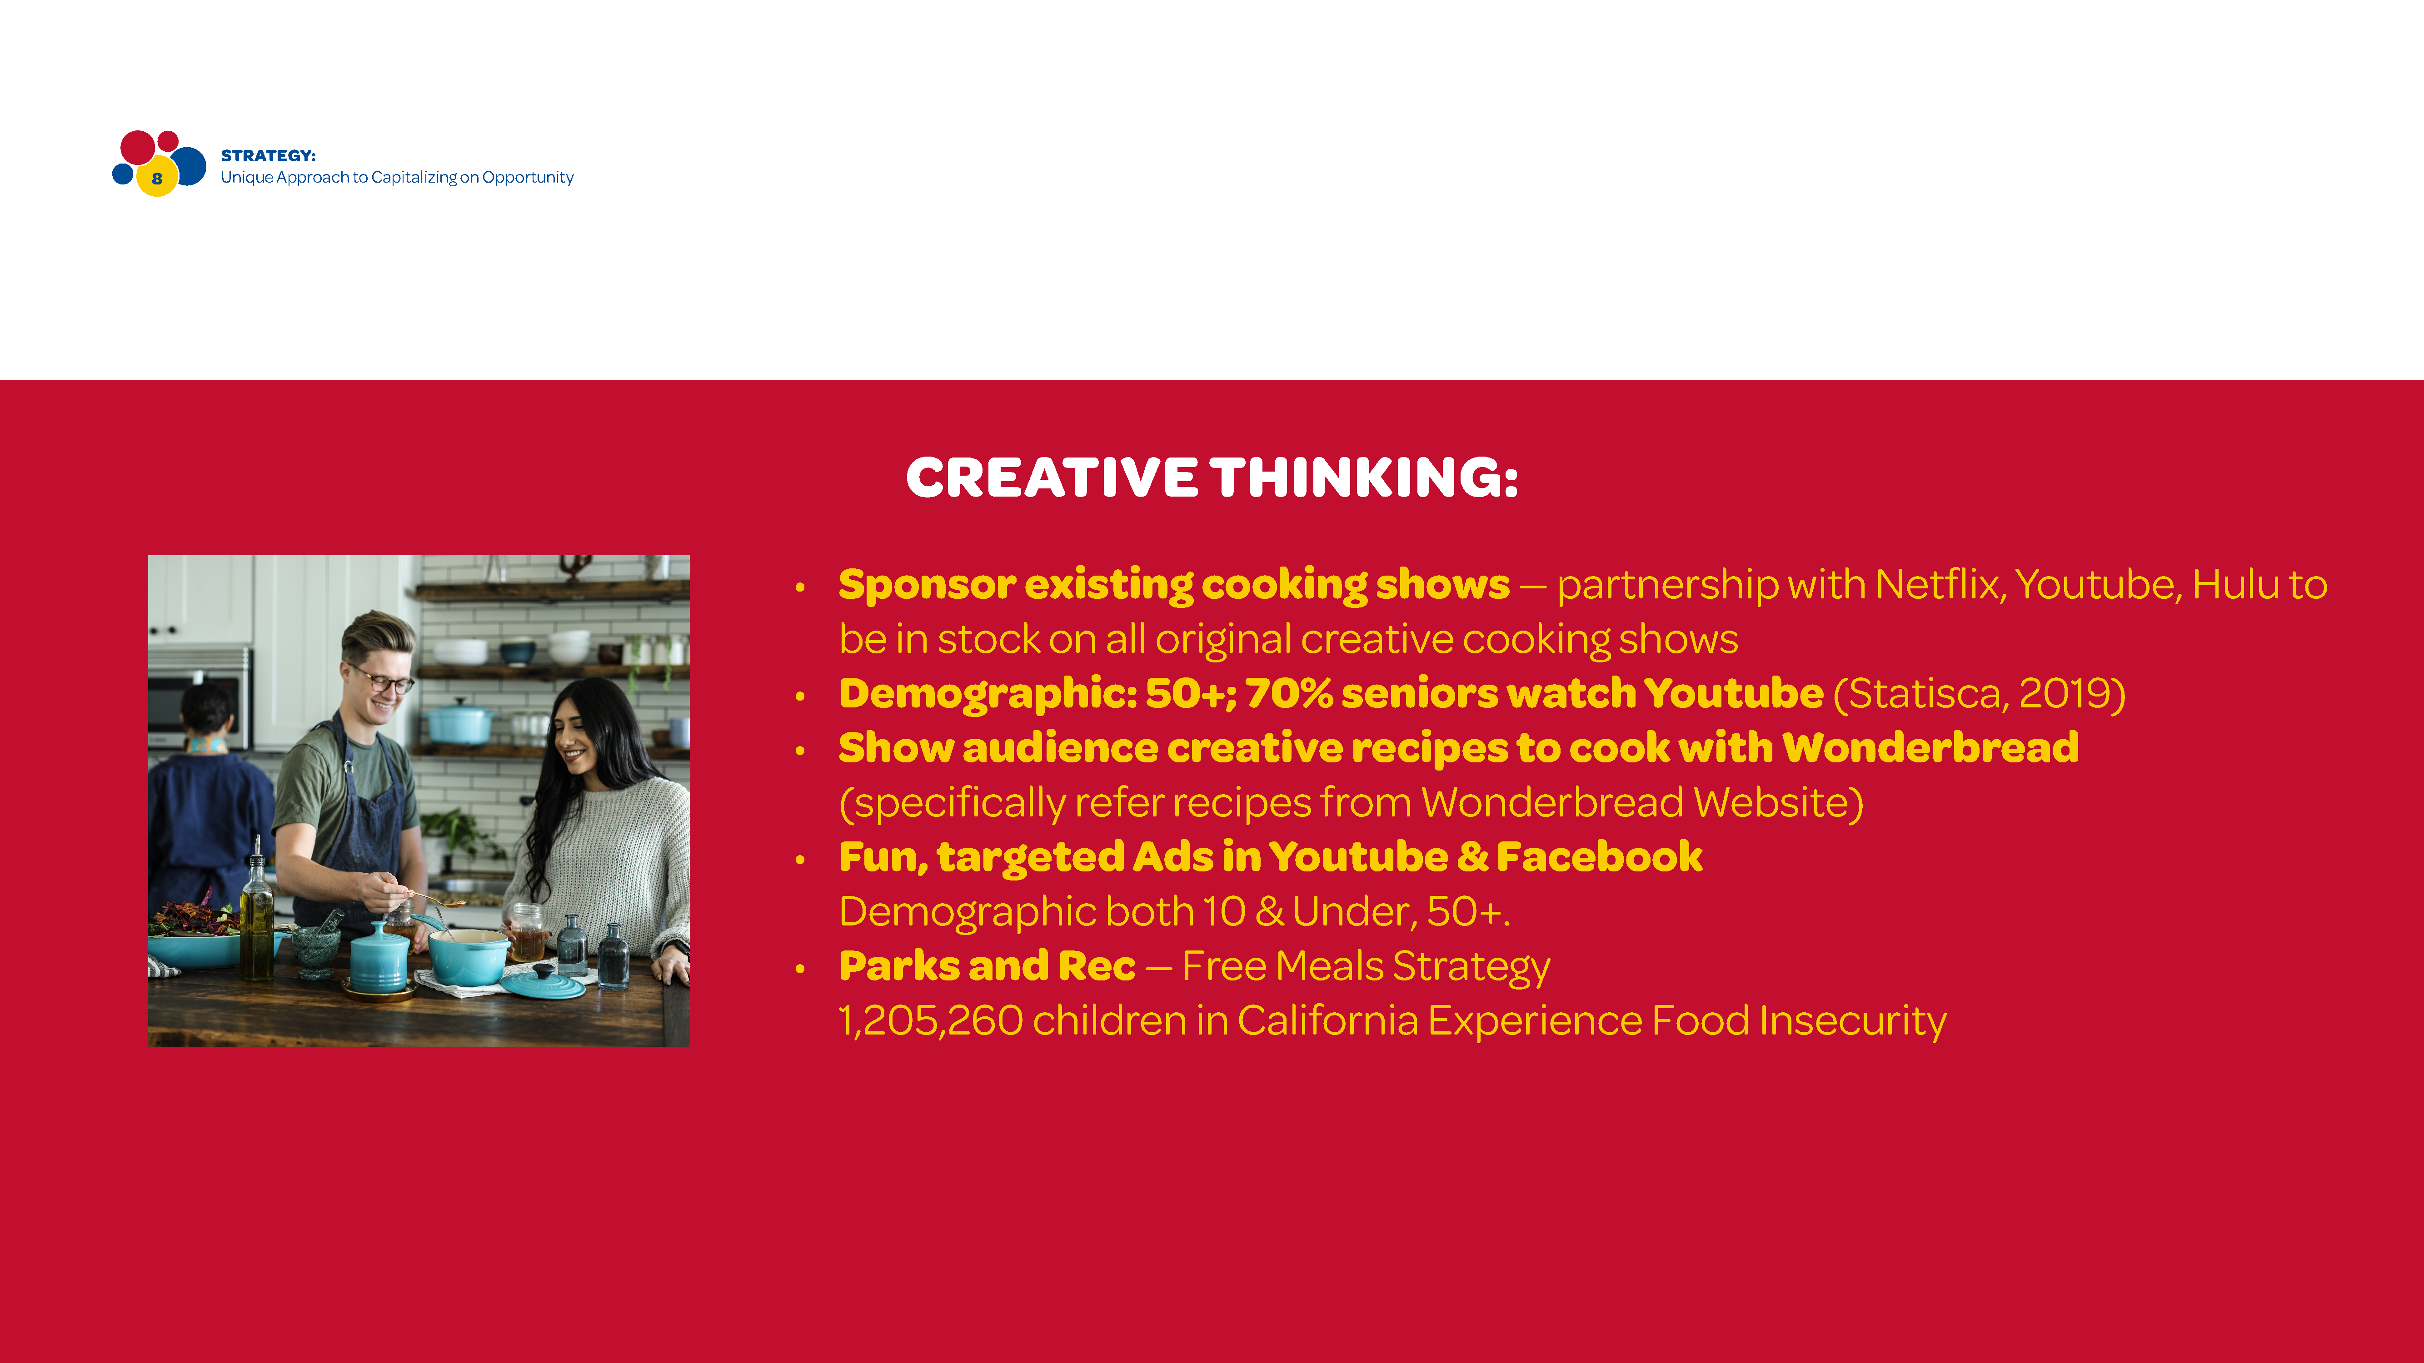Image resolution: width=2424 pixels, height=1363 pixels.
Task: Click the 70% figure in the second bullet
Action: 1289,693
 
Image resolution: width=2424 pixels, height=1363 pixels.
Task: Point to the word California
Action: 1327,1020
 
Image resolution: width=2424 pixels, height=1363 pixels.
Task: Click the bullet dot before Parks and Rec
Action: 800,969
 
